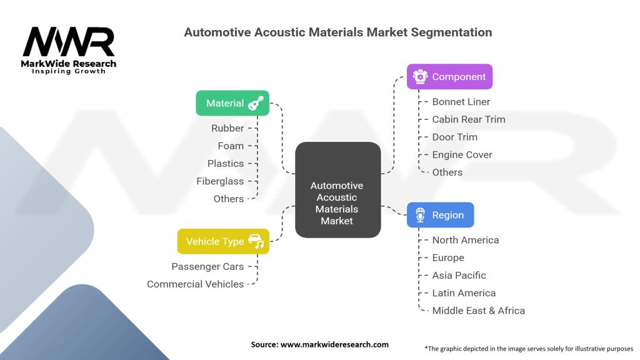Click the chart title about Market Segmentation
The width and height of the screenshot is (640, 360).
click(337, 32)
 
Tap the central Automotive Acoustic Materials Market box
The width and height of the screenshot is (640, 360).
click(337, 190)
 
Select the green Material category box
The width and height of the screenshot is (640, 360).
click(232, 103)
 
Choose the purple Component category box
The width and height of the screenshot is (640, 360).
click(449, 77)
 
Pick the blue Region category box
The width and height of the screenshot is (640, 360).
click(440, 215)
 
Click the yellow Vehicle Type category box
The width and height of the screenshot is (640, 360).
click(223, 241)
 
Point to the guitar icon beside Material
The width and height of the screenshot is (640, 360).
click(256, 103)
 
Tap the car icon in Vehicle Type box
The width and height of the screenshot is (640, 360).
click(256, 241)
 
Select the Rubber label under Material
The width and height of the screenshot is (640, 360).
click(227, 128)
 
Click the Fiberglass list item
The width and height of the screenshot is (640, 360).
click(219, 181)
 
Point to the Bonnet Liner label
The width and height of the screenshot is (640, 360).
click(461, 102)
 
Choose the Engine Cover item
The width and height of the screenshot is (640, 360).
click(462, 154)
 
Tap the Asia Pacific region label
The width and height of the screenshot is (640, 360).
click(459, 275)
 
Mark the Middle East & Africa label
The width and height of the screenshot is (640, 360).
click(478, 311)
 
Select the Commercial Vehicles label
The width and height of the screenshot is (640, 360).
click(195, 284)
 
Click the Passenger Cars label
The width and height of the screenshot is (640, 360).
click(207, 266)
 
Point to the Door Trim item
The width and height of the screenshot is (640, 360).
click(454, 137)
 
